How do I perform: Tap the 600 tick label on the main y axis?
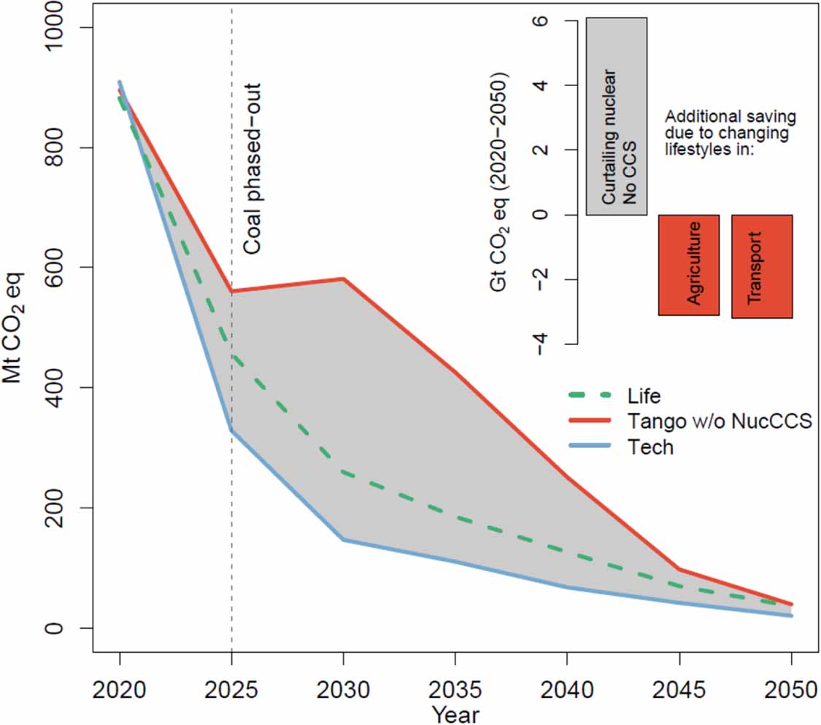[61, 268]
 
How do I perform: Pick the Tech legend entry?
[650, 446]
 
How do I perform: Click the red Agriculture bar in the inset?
[689, 265]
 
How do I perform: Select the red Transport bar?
[762, 266]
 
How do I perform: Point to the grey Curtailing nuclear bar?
[617, 117]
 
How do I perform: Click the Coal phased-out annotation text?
[252, 168]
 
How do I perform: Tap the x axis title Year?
[455, 713]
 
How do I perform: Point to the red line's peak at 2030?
[343, 279]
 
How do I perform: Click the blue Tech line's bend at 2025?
[231, 430]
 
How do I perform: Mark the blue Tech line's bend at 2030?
[343, 540]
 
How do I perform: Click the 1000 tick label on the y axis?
[61, 28]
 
